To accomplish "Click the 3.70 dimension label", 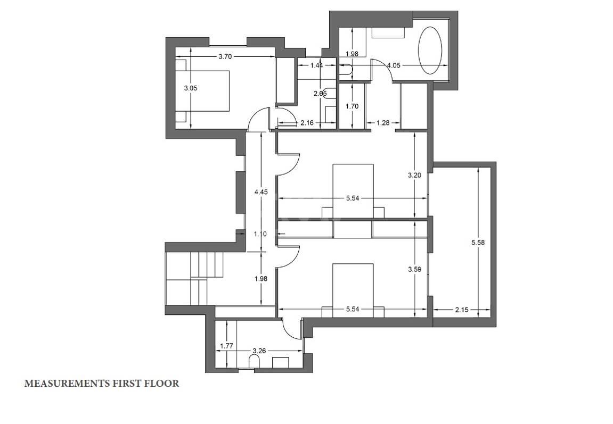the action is coord(225,56).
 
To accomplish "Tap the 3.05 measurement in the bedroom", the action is coord(190,88).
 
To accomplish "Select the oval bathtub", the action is coord(430,51).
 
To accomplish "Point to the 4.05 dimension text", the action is coord(394,65).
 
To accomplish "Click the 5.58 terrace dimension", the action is coord(478,243).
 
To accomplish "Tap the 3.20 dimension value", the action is coord(414,176).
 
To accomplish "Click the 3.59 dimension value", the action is coord(414,269).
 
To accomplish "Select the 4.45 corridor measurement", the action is coord(261,192).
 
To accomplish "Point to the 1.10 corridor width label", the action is coord(260,234).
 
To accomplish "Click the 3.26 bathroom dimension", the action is coord(259,351).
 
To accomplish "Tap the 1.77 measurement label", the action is coord(226,345).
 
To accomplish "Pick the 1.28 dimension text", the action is coord(383,122).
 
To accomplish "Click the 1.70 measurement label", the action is coord(352,106).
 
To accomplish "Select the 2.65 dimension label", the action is coord(320,94).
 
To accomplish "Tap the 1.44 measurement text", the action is coord(317,65).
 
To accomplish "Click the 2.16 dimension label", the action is coord(307,123).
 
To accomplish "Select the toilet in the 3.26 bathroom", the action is coord(254,362).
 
